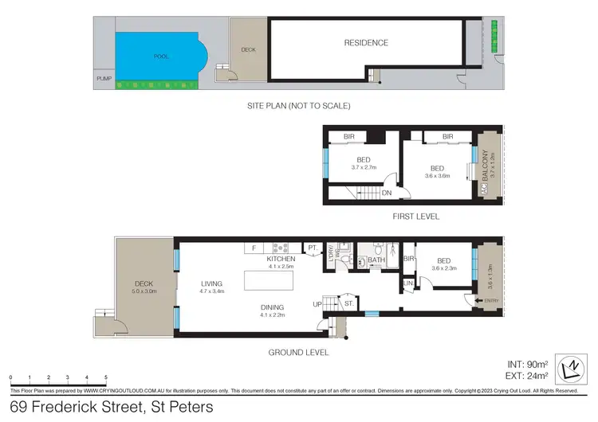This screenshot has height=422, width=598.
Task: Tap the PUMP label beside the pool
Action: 102,79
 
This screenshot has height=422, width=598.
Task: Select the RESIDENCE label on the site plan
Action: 366,43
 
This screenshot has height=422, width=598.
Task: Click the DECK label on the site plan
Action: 248,49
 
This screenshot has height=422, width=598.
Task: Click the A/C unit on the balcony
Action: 483,190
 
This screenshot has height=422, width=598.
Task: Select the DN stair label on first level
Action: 386,193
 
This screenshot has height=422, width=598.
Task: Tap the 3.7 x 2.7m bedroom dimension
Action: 364,167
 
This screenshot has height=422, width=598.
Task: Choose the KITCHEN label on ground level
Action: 281,259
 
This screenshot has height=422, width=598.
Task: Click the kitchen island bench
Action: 270,281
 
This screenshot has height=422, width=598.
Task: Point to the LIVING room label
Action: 211,283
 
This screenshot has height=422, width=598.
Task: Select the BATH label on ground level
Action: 376,260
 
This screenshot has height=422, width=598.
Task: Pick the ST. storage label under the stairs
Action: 348,303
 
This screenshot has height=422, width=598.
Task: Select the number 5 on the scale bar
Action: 107,377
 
